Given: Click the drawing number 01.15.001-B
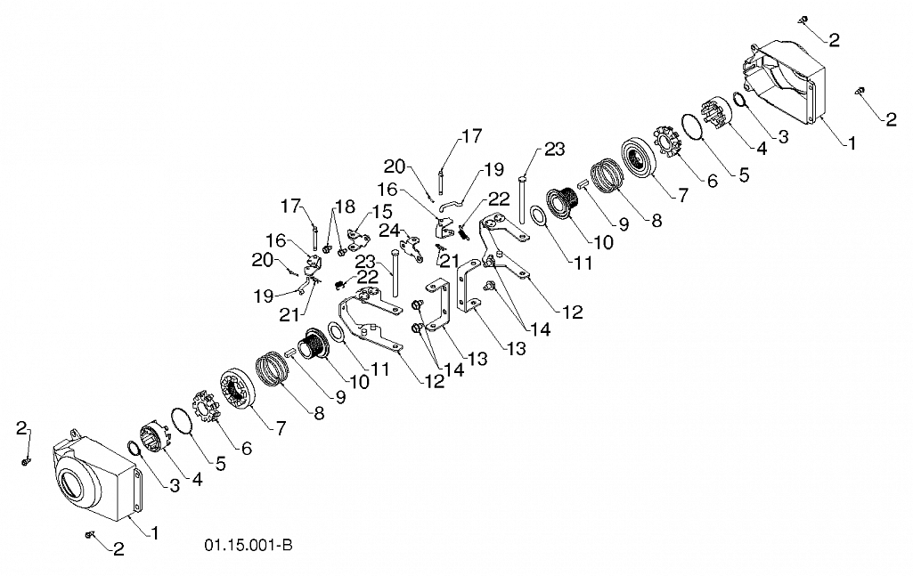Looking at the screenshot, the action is tap(248, 545).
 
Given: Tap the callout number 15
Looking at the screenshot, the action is tap(382, 212).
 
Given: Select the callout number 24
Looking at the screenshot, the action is tap(389, 231).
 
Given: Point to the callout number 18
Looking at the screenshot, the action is tap(345, 207).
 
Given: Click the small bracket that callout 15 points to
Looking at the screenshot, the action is tap(358, 237).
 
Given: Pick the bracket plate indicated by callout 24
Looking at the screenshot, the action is tap(412, 247).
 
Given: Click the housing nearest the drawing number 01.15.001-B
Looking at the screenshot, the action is tap(97, 474).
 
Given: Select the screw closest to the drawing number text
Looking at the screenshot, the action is tap(90, 534).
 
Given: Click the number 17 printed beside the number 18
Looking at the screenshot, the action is tap(290, 206).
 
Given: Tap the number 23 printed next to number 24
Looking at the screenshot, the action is tap(364, 261).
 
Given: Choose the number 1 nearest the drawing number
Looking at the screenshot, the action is tap(154, 532).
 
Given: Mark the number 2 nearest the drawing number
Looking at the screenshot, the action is tap(118, 548).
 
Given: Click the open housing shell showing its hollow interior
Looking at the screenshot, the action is tap(783, 83).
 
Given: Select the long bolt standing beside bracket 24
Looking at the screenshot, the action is tap(396, 273).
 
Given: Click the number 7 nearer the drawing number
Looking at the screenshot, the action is tap(281, 428).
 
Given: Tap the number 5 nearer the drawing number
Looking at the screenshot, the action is tap(220, 463).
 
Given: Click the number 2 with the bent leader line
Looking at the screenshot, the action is tap(22, 429).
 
